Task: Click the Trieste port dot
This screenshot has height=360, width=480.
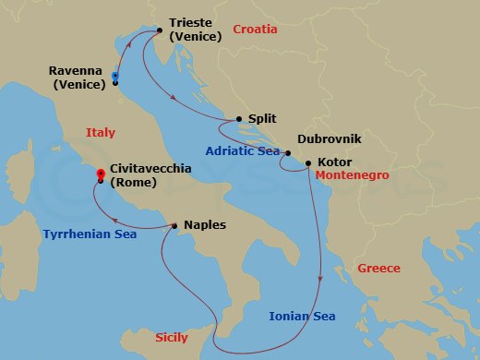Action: pos(159,30)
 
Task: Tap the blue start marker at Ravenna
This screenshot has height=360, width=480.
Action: pos(115,77)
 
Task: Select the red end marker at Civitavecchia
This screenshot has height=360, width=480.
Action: pos(100,172)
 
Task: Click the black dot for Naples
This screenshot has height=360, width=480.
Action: pos(174,224)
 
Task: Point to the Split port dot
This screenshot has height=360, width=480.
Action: pos(239,118)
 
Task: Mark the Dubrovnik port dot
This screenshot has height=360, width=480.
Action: pos(288,153)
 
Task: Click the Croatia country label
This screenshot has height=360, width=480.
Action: pos(256,30)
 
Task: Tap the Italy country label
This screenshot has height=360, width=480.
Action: pos(101,133)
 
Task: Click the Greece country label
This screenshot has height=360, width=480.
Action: pos(379,269)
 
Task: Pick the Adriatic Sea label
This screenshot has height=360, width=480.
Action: pos(242,150)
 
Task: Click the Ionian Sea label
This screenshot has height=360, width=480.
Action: pos(301,317)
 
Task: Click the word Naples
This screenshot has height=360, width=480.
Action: pos(204,224)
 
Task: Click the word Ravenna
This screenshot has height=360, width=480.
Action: pos(78,68)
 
